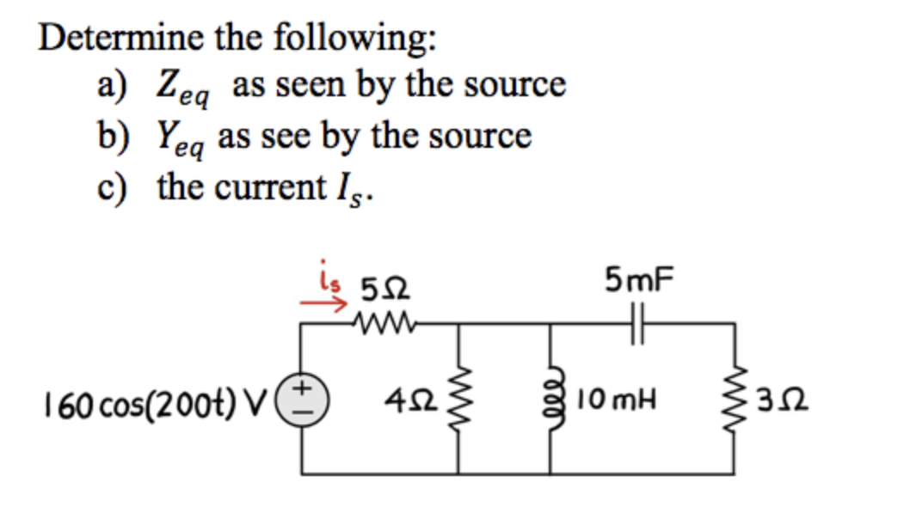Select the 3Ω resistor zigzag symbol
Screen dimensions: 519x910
click(735, 400)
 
